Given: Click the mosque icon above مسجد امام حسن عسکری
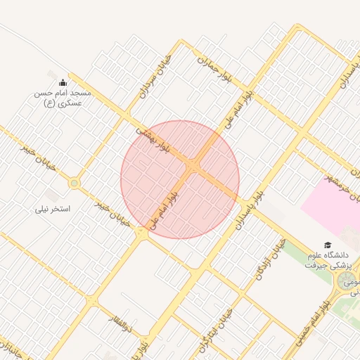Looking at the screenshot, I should tap(63, 82).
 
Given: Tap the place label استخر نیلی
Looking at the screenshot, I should tap(53, 210).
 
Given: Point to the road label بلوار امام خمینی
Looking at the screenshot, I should tap(334, 310).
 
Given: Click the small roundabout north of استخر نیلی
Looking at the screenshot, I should tap(74, 184).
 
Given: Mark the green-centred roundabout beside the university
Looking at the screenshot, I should tap(346, 283).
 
